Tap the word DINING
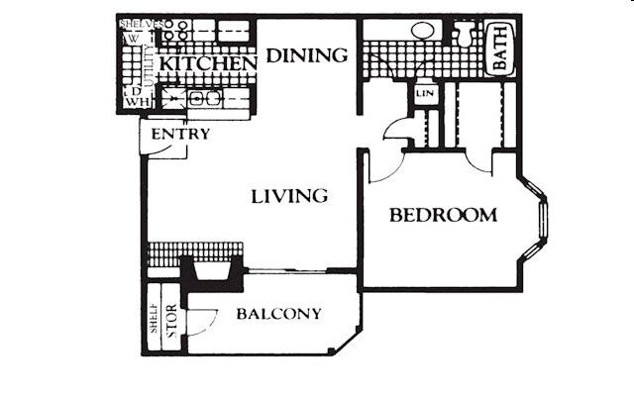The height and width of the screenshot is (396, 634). (x=309, y=55)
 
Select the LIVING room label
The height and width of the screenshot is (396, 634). (x=288, y=196)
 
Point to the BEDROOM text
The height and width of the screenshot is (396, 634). (x=442, y=215)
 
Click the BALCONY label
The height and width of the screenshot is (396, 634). (x=278, y=315)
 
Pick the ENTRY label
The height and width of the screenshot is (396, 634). (x=180, y=134)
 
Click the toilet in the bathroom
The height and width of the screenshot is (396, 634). (x=464, y=34)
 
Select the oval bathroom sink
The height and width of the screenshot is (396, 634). (x=425, y=31)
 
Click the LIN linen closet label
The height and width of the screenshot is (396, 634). (x=425, y=93)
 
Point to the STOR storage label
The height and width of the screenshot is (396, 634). (x=170, y=328)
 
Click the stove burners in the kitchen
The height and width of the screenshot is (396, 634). (x=175, y=30)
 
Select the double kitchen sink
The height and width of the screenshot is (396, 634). (x=202, y=99)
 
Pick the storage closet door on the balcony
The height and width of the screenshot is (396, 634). (x=202, y=322)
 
